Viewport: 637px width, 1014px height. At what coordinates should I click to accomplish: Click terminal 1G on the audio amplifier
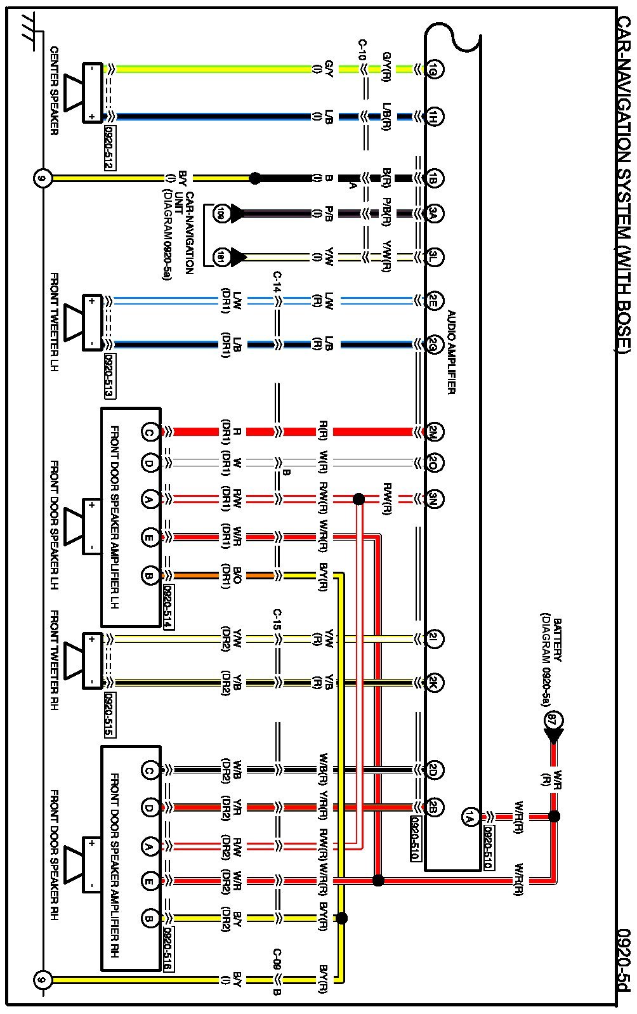coord(435,69)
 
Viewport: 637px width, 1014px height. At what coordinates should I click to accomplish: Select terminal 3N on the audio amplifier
coord(435,499)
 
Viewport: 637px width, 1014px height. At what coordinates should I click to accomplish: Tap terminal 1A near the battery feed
coord(470,817)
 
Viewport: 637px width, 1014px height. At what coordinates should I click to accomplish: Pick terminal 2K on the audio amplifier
coord(435,683)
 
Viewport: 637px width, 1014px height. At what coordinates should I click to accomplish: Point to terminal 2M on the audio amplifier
coord(435,432)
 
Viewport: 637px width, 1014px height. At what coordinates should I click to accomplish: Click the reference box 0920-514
coord(169,606)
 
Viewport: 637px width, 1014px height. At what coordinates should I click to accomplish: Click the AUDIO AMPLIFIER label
coord(451,352)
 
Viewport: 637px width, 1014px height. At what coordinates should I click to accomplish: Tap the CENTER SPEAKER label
coord(55,91)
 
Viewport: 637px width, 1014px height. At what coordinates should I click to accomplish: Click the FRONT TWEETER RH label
coord(55,661)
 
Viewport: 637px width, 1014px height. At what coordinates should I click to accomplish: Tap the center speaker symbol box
coord(92,93)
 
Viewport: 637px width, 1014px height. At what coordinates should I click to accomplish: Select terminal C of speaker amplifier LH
coord(149,432)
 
